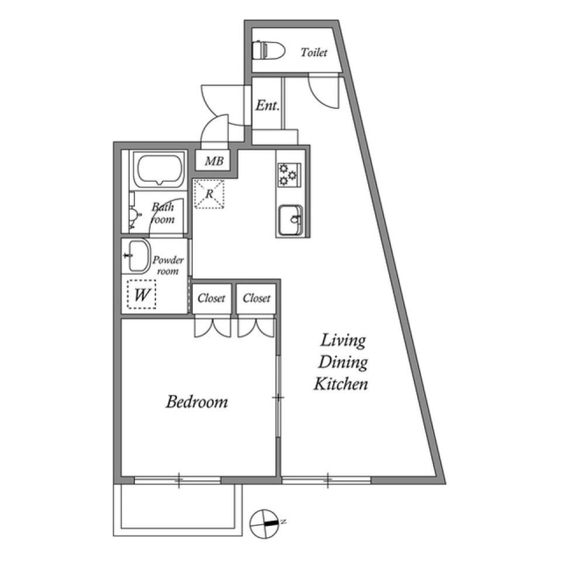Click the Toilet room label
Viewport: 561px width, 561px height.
click(x=314, y=53)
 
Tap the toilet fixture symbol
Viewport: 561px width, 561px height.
click(x=268, y=50)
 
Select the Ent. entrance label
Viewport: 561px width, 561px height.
click(x=268, y=106)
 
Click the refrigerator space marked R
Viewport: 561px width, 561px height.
click(x=209, y=194)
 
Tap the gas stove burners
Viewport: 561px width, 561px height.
click(x=289, y=174)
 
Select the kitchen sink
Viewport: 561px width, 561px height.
click(x=290, y=219)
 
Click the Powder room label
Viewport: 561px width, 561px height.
click(x=168, y=266)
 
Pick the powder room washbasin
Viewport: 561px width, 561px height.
click(x=137, y=256)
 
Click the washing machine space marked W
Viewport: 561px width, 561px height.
click(x=142, y=295)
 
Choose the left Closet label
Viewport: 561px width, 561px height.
click(x=211, y=298)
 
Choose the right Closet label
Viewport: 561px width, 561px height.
click(x=257, y=298)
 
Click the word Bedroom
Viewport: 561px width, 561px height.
click(x=196, y=402)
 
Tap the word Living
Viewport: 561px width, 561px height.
click(x=342, y=340)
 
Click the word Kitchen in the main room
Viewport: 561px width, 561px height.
click(x=341, y=384)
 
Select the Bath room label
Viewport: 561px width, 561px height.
click(x=163, y=213)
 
